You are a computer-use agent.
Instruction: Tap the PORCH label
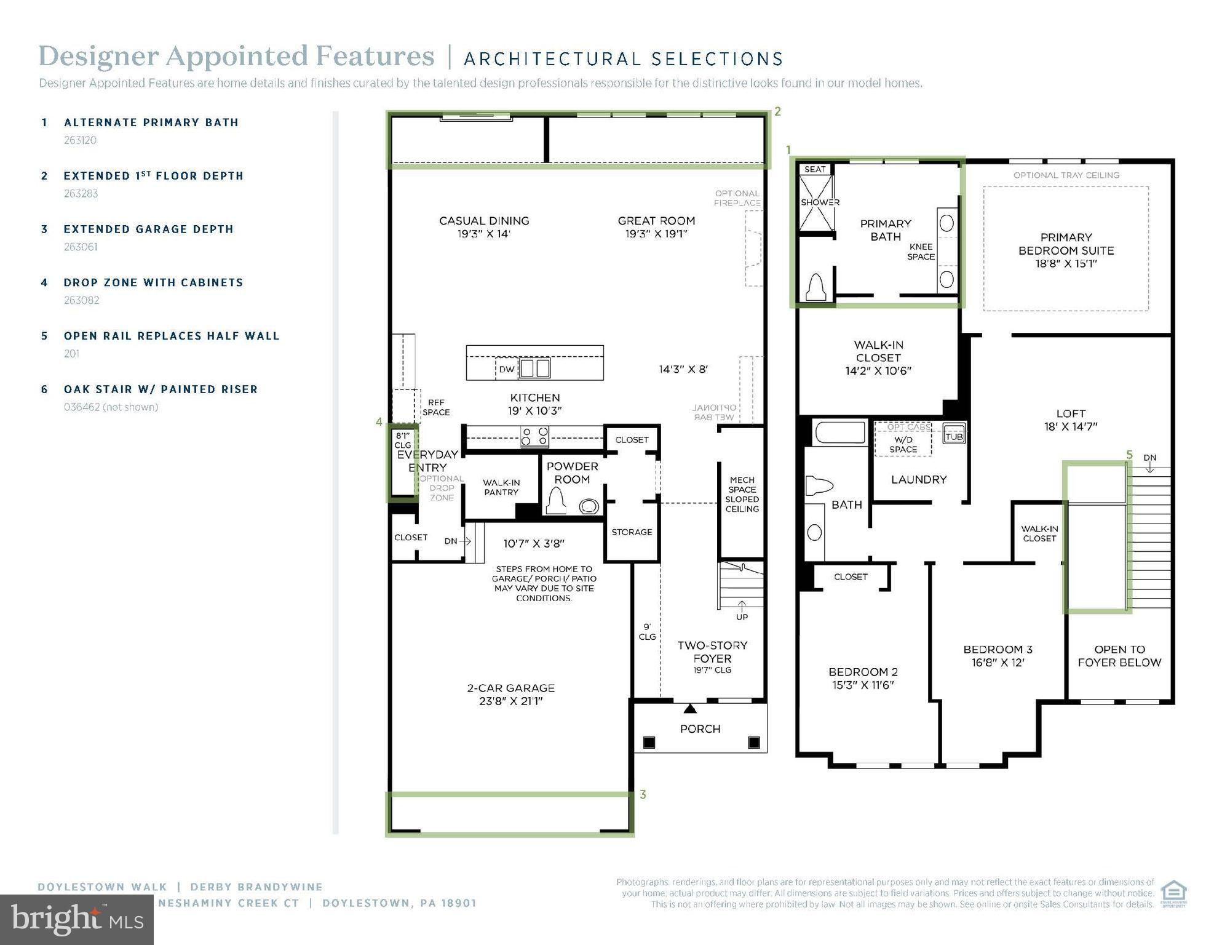(x=700, y=729)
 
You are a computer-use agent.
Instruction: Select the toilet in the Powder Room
(x=557, y=501)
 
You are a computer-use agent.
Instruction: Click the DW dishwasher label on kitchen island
(x=506, y=370)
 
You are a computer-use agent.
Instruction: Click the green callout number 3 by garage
(x=643, y=795)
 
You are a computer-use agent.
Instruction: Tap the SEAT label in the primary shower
(x=815, y=170)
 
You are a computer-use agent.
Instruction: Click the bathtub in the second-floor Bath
(x=839, y=433)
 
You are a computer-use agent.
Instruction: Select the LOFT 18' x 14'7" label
(x=1071, y=420)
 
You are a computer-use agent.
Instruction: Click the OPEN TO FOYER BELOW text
(x=1119, y=656)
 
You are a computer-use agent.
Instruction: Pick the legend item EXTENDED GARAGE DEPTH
(x=148, y=229)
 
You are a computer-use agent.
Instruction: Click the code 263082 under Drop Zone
(x=81, y=300)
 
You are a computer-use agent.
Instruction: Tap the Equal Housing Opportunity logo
(x=1173, y=894)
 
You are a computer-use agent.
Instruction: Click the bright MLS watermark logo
(x=77, y=920)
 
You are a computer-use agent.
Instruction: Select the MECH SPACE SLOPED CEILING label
(x=742, y=494)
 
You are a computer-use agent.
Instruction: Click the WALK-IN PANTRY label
(x=501, y=487)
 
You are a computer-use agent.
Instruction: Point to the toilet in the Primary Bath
(x=816, y=287)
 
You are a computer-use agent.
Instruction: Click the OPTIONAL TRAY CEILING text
(x=1066, y=175)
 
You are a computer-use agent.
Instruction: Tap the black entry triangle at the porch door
(x=690, y=709)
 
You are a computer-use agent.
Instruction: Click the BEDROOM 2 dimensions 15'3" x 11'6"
(x=863, y=685)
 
